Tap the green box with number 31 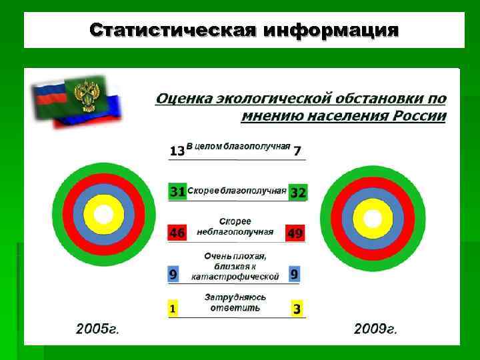pyautogui.click(x=177, y=192)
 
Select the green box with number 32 pyautogui.click(x=297, y=192)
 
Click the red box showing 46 pyautogui.click(x=177, y=233)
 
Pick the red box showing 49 pyautogui.click(x=295, y=233)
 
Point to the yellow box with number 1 pyautogui.click(x=173, y=309)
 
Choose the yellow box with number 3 pyautogui.click(x=297, y=309)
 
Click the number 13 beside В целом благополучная pyautogui.click(x=177, y=151)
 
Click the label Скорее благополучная pyautogui.click(x=237, y=191)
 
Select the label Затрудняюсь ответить pyautogui.click(x=235, y=303)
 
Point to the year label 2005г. pyautogui.click(x=97, y=329)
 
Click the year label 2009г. pyautogui.click(x=375, y=329)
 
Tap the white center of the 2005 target pyautogui.click(x=104, y=214)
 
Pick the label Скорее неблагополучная pyautogui.click(x=235, y=227)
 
